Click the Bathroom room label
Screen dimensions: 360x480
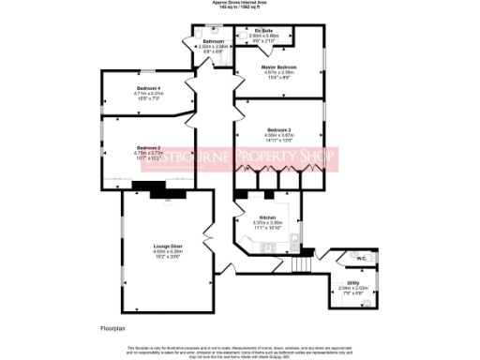coord(213,41)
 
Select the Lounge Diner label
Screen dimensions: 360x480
coord(168,246)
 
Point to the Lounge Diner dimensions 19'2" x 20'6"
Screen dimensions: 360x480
coord(168,256)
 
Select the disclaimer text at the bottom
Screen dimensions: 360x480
coord(240,350)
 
